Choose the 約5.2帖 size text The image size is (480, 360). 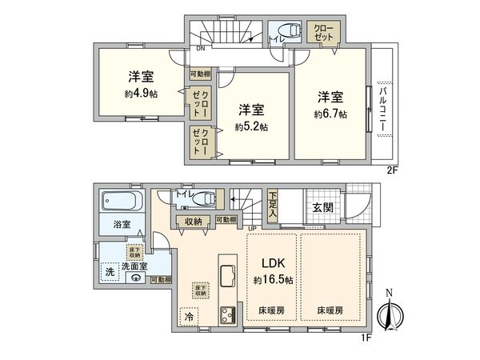coord(251,127)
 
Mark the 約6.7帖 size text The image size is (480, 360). coord(330,114)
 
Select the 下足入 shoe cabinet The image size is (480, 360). coord(274,206)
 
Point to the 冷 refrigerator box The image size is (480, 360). coord(189,317)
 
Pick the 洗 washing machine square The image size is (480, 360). coord(110,272)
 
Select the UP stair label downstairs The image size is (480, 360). coord(254,228)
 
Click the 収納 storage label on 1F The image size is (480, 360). coord(193,222)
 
